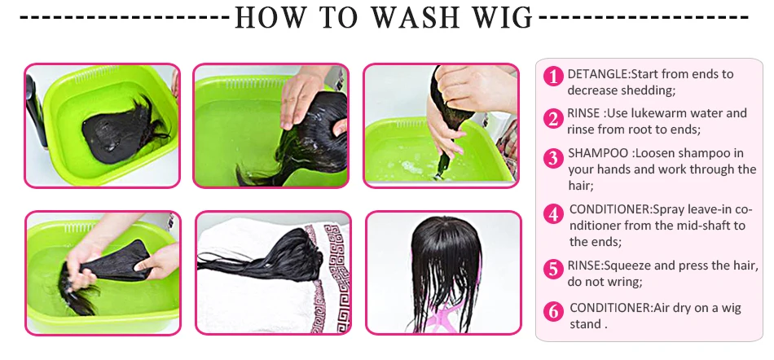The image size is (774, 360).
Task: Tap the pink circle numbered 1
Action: tap(553, 77)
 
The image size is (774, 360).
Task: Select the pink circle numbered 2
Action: tap(553, 120)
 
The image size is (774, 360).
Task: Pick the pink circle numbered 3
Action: tap(553, 159)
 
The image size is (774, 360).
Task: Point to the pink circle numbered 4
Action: tap(553, 214)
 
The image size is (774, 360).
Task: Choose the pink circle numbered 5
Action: tap(553, 270)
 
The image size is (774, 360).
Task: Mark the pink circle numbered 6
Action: tap(553, 312)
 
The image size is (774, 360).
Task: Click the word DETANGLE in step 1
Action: tap(597, 74)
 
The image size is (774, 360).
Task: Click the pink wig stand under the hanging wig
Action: tap(444, 316)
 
